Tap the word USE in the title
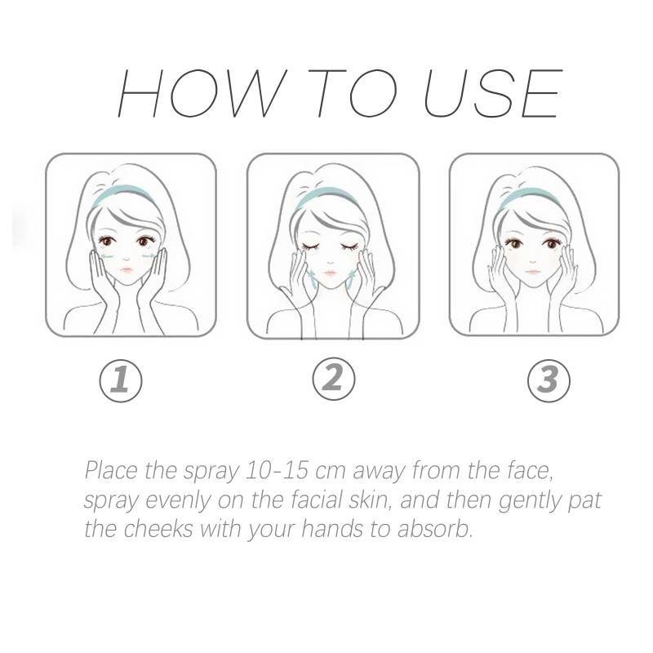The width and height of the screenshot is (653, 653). tap(493, 93)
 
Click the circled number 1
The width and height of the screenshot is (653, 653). tap(121, 381)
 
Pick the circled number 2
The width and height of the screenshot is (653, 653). tap(334, 380)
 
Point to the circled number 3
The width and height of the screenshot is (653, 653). tap(549, 380)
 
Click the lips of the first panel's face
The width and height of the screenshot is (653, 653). tap(127, 270)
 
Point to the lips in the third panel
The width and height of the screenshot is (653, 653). tap(533, 272)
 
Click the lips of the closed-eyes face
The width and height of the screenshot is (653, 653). tap(330, 273)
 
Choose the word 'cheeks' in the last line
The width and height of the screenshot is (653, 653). tap(158, 529)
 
